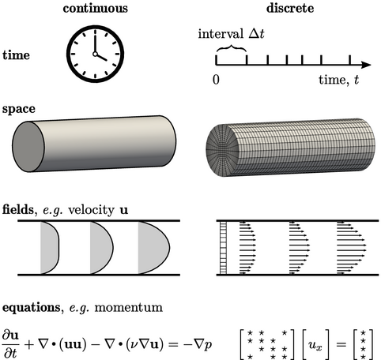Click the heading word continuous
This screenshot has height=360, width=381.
(96, 9)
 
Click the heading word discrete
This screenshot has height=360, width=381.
(290, 8)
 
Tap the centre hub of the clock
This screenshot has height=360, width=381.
(95, 54)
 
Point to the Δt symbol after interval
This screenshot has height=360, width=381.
(257, 34)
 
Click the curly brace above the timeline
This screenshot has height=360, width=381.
(232, 47)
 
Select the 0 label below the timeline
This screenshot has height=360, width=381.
(216, 79)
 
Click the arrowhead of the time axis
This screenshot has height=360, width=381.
(366, 65)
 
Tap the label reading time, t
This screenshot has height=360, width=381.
(339, 80)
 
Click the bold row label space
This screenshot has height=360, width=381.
(19, 109)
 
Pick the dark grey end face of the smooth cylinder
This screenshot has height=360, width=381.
(28, 147)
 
